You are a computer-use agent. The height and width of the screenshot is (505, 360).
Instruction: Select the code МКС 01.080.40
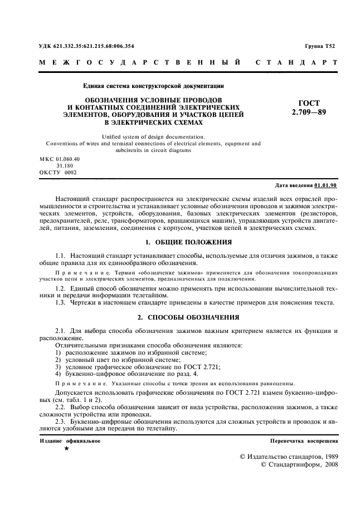[x=60, y=159]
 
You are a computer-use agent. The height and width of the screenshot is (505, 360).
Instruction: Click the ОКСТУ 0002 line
[x=58, y=172]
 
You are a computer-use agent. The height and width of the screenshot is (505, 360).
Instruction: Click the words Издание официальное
[x=70, y=440]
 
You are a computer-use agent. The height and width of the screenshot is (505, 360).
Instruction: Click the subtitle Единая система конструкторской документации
[x=153, y=86]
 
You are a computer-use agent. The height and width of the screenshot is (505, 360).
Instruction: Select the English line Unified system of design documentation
[x=153, y=136]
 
